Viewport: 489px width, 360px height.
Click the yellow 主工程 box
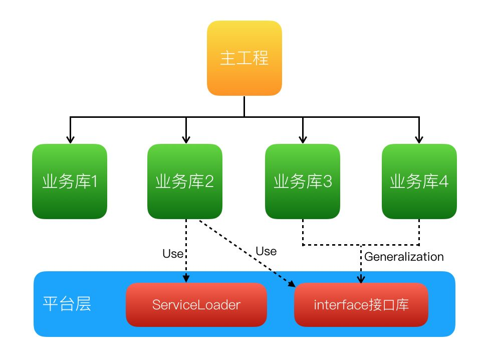coord(244,58)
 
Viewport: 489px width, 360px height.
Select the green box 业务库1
coord(70,181)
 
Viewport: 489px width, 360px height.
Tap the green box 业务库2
coord(185,181)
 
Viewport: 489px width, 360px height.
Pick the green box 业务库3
coord(303,181)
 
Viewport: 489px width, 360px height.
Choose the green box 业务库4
coord(419,181)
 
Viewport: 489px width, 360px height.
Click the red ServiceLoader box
coord(196,305)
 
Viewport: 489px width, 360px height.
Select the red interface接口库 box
coord(361,305)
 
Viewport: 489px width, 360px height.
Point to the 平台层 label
coord(67,304)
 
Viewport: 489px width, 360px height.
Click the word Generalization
coord(404,257)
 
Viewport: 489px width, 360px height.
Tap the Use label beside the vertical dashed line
coord(173,254)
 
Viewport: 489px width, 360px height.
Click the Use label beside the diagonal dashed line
coord(266,251)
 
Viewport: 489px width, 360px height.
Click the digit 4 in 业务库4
coord(443,181)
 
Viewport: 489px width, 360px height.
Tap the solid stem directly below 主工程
coord(244,106)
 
